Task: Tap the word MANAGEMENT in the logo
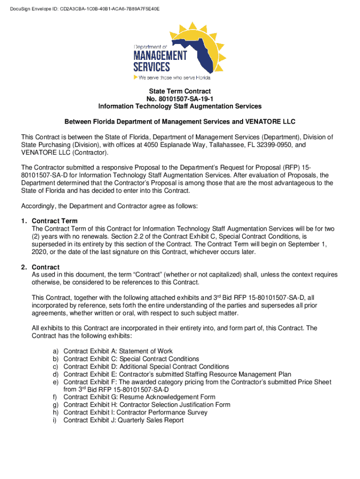tap(160, 56)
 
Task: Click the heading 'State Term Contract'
tap(180, 91)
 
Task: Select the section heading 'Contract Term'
tap(55, 221)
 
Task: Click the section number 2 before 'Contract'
tap(23, 267)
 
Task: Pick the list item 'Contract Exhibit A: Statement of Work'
tap(118, 351)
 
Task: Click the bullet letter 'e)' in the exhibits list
tap(55, 382)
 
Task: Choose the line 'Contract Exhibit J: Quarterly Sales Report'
tap(123, 420)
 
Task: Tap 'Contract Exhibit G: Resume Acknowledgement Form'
tap(139, 397)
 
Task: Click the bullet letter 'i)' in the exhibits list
tap(55, 420)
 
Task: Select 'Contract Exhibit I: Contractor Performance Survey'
tap(135, 413)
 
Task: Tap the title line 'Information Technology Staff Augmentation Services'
tap(180, 106)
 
